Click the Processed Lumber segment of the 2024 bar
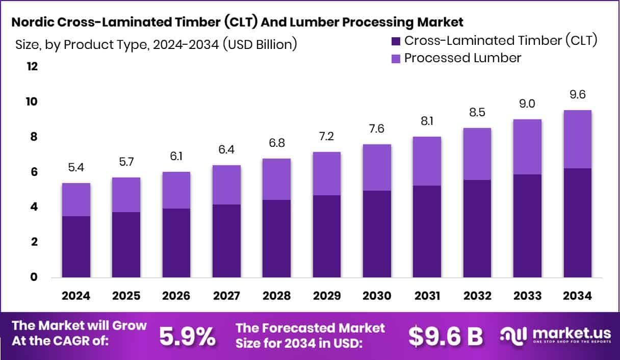(76, 199)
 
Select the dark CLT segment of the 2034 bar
(578, 223)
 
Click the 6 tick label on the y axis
(34, 172)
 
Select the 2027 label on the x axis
(226, 296)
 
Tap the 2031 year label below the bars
(427, 296)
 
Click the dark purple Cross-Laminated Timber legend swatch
(396, 41)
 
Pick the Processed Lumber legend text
(462, 58)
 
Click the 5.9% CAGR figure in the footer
(187, 336)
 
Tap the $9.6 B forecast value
(445, 336)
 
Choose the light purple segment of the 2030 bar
(377, 167)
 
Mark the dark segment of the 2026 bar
(176, 243)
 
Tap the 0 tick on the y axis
(34, 277)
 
